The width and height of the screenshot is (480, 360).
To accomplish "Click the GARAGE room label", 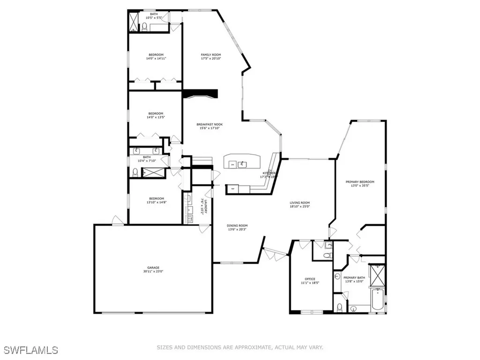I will [153, 268].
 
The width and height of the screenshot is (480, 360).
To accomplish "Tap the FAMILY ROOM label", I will [210, 55].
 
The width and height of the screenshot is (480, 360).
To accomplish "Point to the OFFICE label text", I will [310, 279].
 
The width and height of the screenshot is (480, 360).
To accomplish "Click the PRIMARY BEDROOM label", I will [360, 182].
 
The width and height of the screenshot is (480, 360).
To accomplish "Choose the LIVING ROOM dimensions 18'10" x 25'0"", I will [300, 207].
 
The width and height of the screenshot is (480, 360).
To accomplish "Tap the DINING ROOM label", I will [237, 225].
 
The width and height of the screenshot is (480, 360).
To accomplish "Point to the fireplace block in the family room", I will [201, 94].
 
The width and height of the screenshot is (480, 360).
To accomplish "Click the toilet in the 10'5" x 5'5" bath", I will [145, 26].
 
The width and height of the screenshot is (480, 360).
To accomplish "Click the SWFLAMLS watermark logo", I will [31, 350].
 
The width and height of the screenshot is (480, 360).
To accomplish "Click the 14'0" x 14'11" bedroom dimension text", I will [156, 59].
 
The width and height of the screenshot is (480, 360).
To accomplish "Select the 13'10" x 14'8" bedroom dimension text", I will [156, 202].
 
